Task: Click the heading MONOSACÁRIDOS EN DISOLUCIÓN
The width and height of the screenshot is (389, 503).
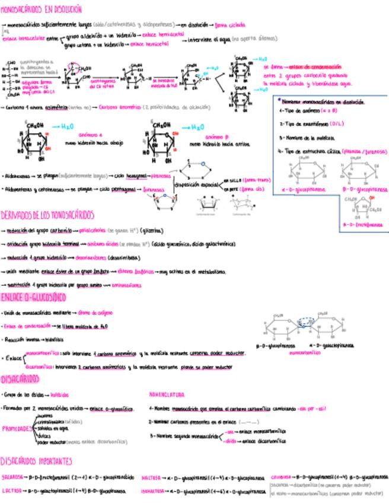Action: pos(42,10)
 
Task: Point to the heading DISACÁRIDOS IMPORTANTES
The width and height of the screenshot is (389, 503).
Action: pos(37,460)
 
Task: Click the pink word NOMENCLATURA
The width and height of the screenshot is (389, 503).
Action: pos(167,394)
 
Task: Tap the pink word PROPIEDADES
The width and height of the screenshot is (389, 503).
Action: pos(17,427)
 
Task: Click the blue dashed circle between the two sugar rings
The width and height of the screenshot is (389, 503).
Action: pos(307,323)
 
